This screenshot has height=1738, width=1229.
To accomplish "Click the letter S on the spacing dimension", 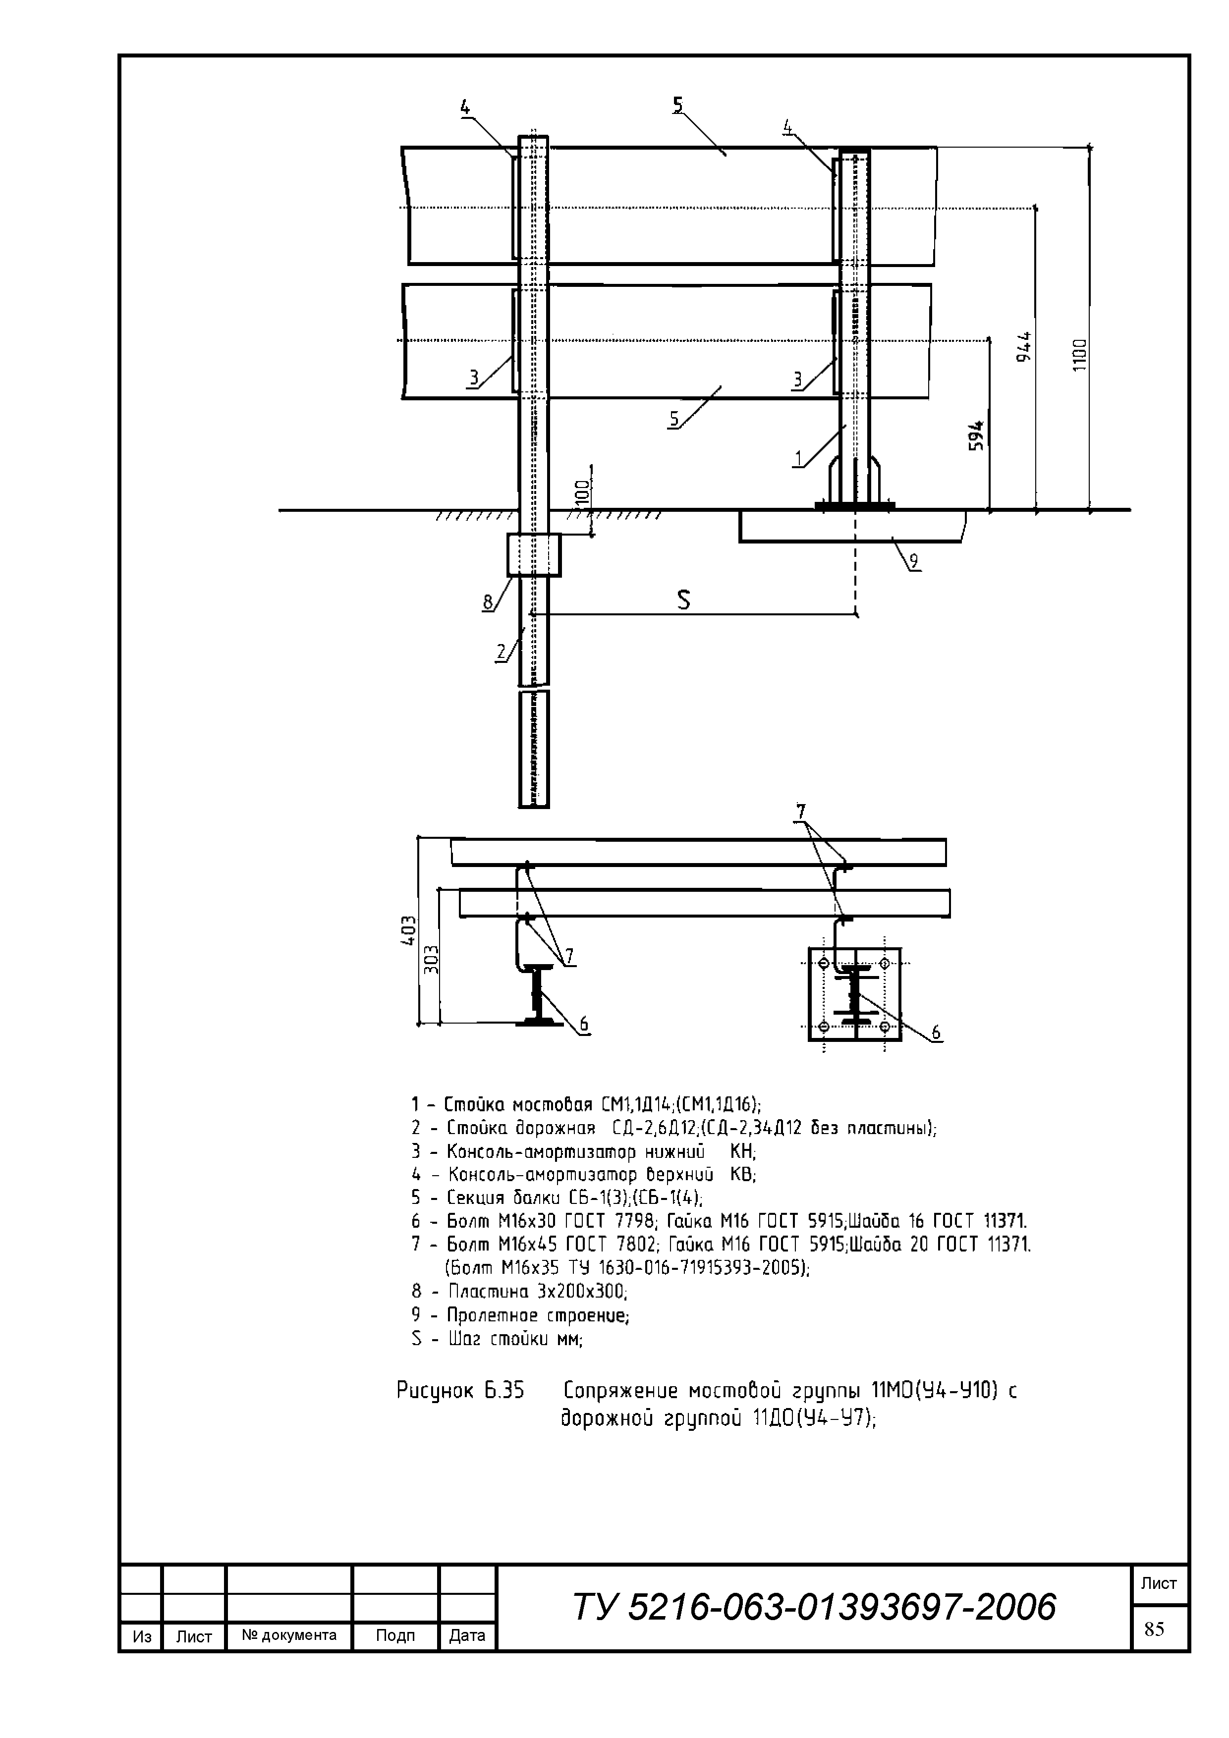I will [x=684, y=600].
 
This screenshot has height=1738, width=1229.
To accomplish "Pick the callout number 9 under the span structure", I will [x=914, y=561].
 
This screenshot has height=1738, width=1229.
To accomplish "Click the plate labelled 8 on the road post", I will [x=534, y=555].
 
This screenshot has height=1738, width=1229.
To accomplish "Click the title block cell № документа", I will [x=289, y=1635].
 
